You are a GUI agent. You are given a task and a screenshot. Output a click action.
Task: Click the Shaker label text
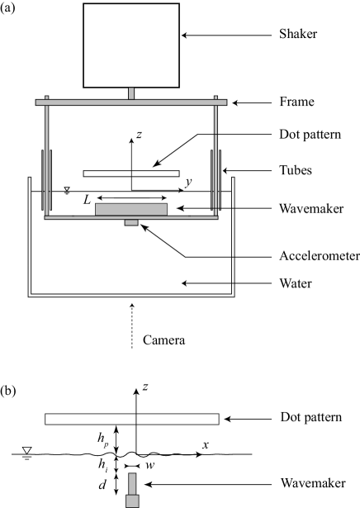298,34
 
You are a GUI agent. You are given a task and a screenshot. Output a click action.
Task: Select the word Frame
297,102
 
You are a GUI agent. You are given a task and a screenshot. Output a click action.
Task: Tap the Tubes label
296,170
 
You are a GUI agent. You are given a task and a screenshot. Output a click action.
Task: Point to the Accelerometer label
320,256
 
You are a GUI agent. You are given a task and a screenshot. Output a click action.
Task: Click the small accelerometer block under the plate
131,222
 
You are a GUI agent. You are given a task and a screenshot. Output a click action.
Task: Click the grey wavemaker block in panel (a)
131,209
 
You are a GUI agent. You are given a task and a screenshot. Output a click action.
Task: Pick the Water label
296,283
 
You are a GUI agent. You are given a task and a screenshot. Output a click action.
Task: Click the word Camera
163,340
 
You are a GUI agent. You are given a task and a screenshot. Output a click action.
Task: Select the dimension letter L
87,200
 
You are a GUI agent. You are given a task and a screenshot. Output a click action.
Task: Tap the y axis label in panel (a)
188,182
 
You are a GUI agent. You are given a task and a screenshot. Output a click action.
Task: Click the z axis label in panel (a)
139,135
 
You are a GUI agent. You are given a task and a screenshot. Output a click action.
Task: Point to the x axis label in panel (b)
206,445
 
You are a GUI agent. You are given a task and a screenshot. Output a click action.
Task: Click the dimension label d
102,484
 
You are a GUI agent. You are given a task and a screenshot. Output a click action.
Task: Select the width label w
149,465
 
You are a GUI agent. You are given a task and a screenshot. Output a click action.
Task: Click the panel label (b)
7,391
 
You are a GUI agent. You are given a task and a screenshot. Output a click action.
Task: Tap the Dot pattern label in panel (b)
310,417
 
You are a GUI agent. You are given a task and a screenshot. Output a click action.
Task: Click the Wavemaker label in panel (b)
313,482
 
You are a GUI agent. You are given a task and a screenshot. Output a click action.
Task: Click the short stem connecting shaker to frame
131,93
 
